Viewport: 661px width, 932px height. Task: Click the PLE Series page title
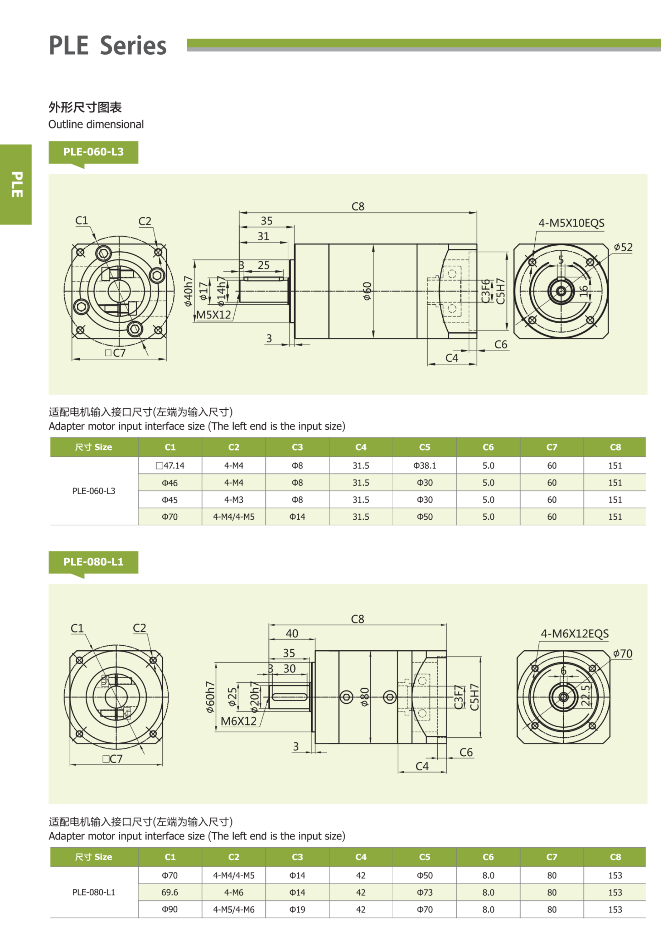(x=107, y=45)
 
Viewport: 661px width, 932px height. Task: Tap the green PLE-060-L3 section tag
(x=93, y=152)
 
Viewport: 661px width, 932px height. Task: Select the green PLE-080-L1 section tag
(x=93, y=562)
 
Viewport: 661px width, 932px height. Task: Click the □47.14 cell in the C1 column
(x=170, y=466)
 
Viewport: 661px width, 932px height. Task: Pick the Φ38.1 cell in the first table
(x=425, y=466)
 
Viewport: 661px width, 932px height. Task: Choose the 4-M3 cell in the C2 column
(x=234, y=500)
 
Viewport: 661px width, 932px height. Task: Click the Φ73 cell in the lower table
(x=425, y=892)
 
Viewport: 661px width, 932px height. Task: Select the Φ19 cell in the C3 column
(x=297, y=909)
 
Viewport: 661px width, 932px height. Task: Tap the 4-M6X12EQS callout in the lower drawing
(x=574, y=634)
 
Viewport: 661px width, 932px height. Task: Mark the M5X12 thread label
(x=213, y=315)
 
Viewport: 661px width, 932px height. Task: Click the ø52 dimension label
(x=623, y=247)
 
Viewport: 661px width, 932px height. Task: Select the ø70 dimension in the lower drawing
(x=622, y=654)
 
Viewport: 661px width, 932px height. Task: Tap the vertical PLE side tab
(x=16, y=184)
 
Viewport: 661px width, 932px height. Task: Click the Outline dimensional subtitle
(x=96, y=124)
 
